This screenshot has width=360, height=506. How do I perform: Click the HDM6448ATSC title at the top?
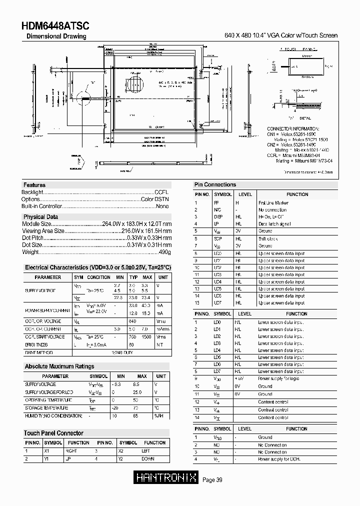pos(55,26)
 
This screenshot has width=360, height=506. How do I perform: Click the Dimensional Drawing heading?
pos(56,36)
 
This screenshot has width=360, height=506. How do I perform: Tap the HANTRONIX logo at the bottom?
pos(167,478)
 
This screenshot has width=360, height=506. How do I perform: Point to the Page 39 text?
pos(212,480)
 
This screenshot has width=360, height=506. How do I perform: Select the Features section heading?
pos(34,185)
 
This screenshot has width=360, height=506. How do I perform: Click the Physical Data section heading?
pos(41,217)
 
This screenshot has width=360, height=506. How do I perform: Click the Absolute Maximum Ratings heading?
pos(59,366)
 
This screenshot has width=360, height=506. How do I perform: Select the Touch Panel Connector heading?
pos(53,433)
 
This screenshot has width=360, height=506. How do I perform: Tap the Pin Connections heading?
pos(215,184)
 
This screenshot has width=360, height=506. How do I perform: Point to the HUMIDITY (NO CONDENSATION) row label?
pos(53,416)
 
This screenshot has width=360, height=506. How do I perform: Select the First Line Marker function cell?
pos(273,203)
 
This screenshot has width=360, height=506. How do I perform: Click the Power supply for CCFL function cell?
pos(279,459)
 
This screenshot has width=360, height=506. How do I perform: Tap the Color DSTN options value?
pos(155,199)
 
